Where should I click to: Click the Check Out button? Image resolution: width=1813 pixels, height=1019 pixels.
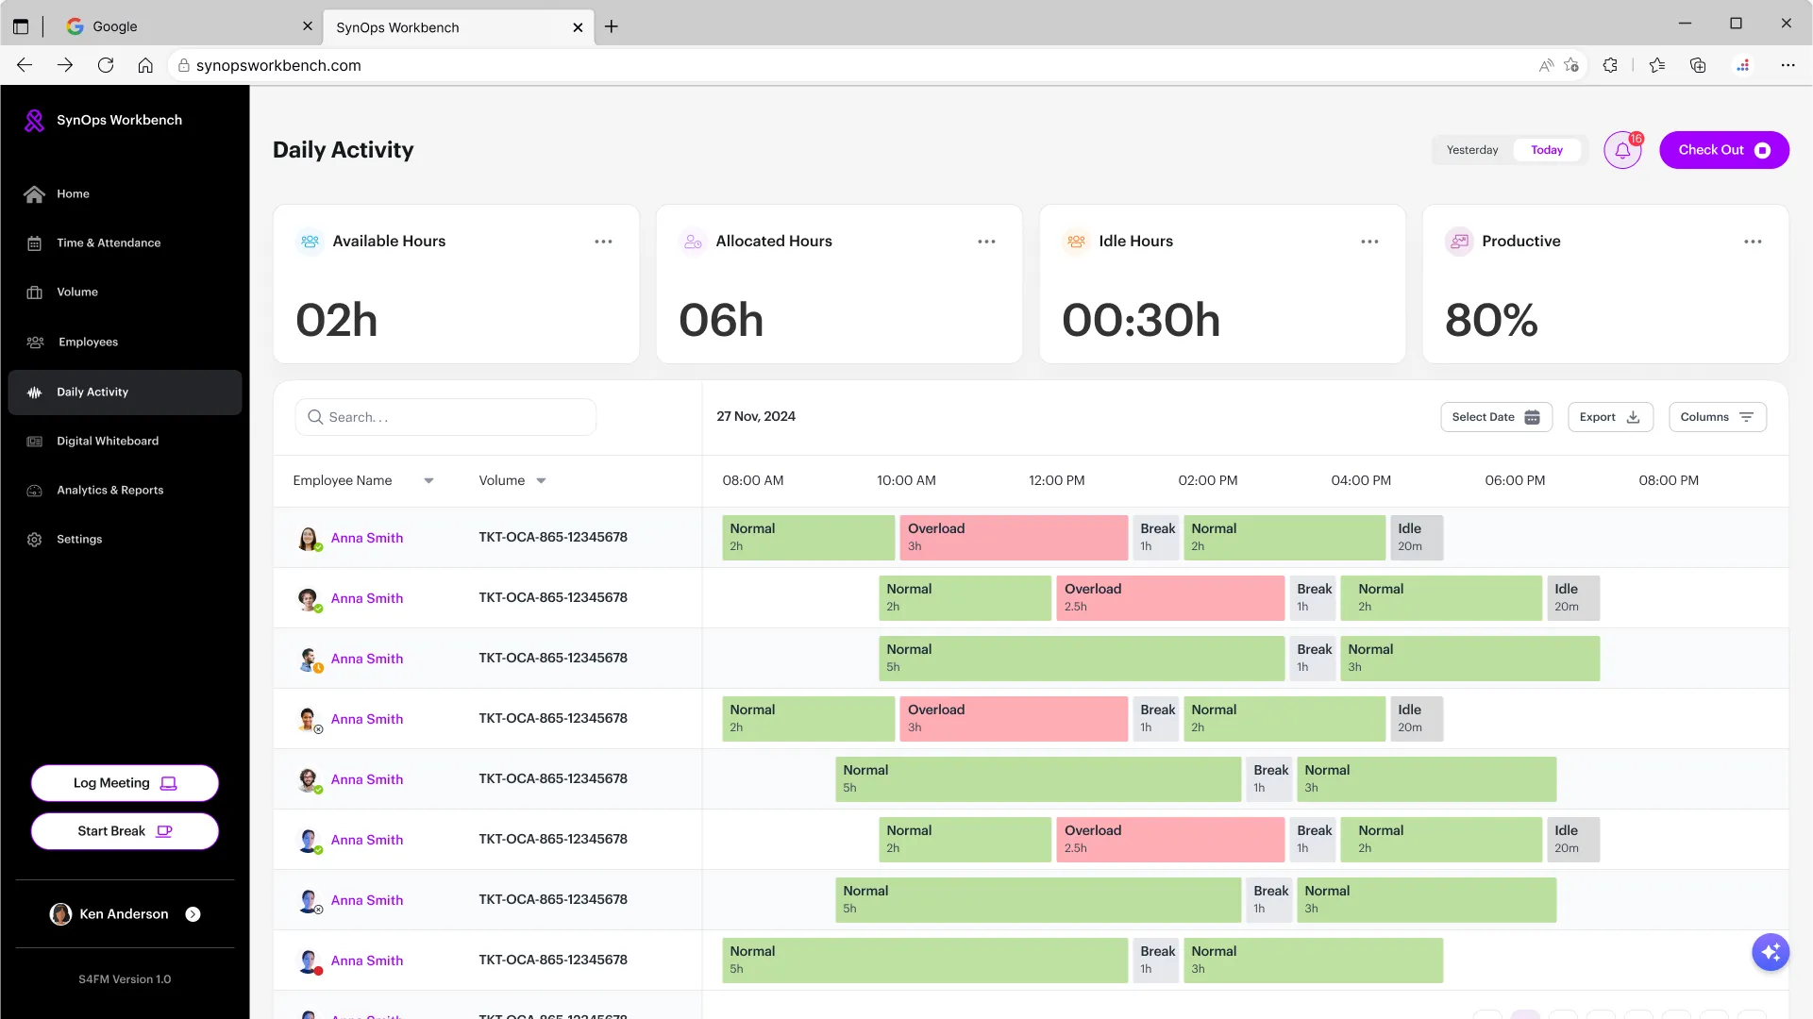tap(1723, 150)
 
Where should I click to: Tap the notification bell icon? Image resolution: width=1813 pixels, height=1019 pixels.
tap(1622, 150)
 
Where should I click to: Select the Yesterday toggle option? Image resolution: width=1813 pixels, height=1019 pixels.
tap(1472, 150)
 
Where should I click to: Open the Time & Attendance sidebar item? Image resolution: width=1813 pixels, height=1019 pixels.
tap(109, 242)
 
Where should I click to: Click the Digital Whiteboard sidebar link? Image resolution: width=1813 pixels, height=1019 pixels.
tap(108, 441)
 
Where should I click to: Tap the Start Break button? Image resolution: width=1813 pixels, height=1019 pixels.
tap(125, 831)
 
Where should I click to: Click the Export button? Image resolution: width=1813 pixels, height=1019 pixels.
tap(1610, 417)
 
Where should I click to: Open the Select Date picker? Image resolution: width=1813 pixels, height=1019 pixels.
tap(1496, 417)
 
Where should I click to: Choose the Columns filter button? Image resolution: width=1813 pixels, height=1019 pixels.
tap(1717, 417)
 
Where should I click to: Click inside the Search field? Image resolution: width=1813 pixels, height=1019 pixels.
tap(445, 417)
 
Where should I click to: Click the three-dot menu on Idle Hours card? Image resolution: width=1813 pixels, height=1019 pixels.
tap(1369, 242)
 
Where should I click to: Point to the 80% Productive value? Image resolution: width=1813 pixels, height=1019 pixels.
tap(1491, 320)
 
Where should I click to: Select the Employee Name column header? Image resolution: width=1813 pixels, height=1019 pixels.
tap(343, 480)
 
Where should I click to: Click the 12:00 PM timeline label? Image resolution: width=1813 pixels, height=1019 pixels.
tap(1056, 480)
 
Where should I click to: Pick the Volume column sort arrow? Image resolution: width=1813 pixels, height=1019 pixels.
tap(541, 481)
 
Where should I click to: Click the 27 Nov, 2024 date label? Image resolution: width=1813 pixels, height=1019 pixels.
tap(756, 416)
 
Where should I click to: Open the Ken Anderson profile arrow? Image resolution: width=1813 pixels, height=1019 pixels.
tap(193, 914)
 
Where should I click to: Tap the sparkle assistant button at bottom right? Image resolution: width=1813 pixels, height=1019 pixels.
tap(1771, 952)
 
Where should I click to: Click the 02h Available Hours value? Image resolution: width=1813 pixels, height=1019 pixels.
tap(337, 320)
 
